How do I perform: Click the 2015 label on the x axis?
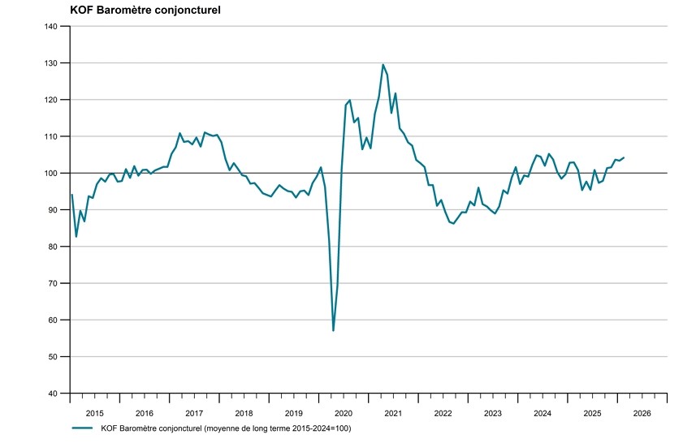click(x=95, y=413)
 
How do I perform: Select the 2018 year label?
click(x=244, y=413)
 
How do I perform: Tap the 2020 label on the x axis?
click(x=344, y=413)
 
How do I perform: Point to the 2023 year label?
click(x=493, y=413)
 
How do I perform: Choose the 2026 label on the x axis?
click(x=642, y=413)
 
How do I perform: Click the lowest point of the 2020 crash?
click(x=334, y=330)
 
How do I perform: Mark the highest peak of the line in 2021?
click(x=383, y=64)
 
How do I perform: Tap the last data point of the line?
click(x=624, y=157)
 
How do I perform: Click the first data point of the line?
click(x=71, y=195)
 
